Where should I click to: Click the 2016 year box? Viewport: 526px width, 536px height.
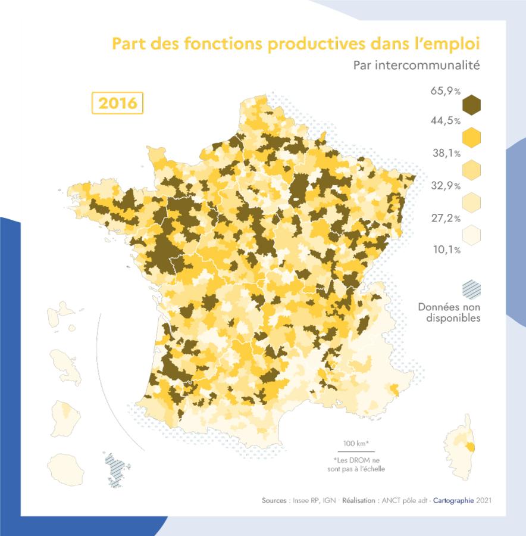point(117,103)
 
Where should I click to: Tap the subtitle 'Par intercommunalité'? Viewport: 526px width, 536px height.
point(416,65)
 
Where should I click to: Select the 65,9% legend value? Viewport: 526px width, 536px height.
point(445,91)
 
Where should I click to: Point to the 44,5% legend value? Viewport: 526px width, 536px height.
point(445,121)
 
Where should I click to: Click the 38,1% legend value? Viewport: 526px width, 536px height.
point(446,153)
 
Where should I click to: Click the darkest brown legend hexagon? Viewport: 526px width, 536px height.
point(471,105)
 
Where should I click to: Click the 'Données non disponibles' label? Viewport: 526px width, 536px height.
point(449,313)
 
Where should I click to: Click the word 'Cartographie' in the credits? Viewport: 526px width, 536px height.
point(454,501)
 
